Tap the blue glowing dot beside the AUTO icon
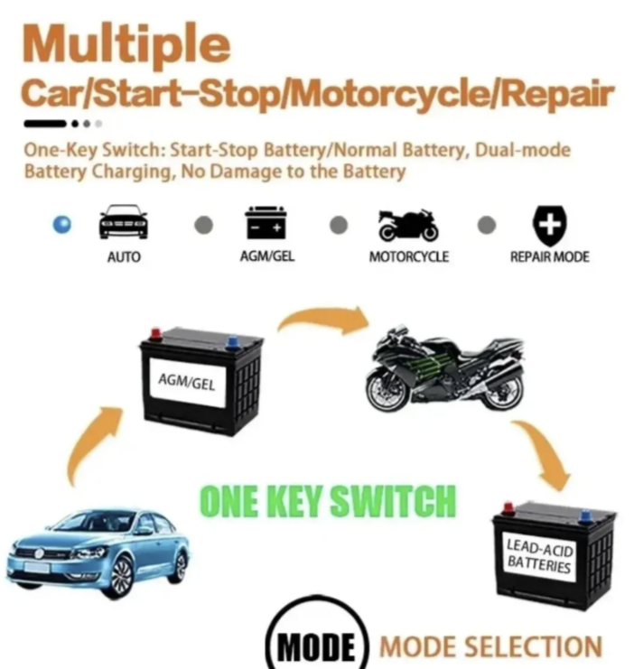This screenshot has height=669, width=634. point(62,225)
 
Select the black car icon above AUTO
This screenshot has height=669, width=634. point(124,221)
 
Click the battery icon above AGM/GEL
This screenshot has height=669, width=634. point(266,222)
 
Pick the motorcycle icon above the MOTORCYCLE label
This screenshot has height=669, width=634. point(408,226)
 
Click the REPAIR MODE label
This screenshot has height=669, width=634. point(549,256)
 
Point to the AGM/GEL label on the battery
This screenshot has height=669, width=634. point(187,381)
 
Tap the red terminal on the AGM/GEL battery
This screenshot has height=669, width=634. point(155,334)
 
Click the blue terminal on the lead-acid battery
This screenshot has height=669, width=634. point(585,516)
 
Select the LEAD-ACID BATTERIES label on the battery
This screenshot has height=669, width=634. point(539,556)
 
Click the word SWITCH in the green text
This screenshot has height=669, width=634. point(393,501)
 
